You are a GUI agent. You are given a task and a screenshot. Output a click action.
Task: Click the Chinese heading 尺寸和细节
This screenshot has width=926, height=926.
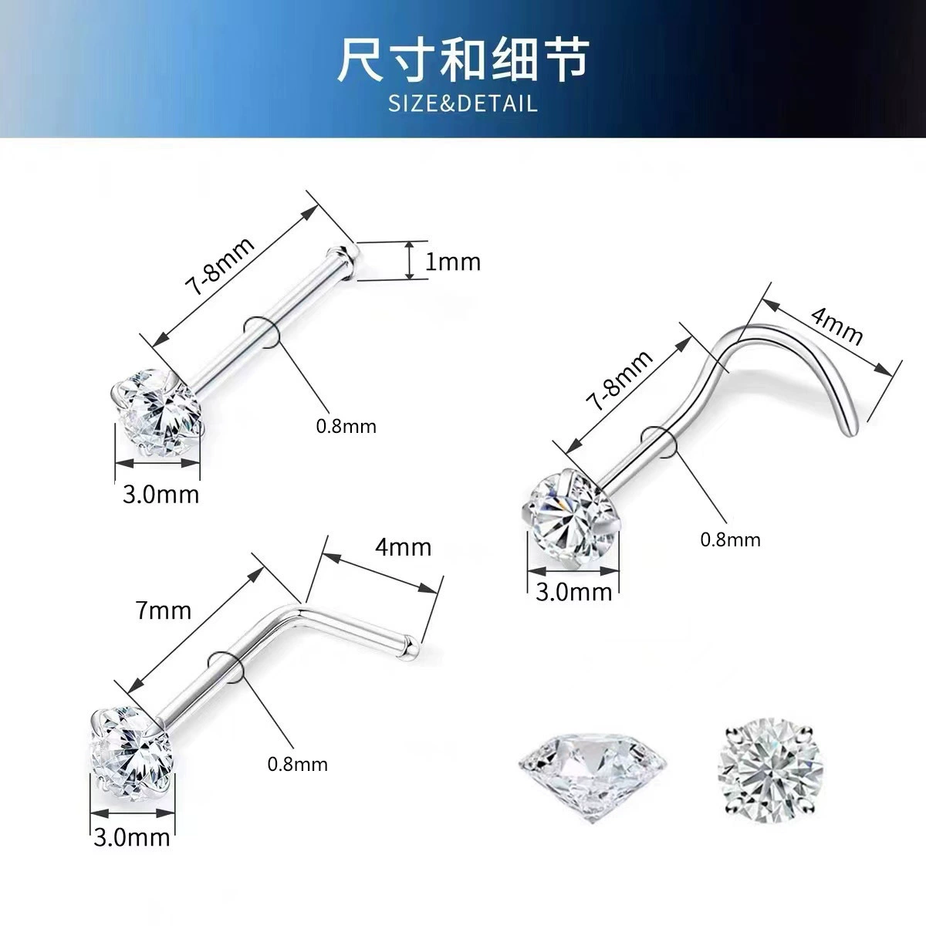tap(463, 59)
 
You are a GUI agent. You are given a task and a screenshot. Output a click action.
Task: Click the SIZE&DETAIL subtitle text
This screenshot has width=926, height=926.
tap(463, 104)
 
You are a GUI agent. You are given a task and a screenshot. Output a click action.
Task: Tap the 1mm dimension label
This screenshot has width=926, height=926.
tap(453, 262)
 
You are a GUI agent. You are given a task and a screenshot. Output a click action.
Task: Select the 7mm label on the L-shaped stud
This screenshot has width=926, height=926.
tap(164, 610)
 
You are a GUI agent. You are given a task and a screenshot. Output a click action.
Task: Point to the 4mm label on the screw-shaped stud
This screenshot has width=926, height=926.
tap(836, 327)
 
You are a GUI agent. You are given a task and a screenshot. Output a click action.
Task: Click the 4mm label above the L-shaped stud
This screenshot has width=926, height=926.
tap(403, 547)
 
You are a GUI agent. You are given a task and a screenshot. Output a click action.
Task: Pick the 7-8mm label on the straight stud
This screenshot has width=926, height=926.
tap(220, 266)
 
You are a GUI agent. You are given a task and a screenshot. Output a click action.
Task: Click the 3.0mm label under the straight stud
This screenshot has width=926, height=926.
tap(161, 495)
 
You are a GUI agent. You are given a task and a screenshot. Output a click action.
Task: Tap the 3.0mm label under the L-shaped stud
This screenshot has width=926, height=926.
tap(132, 837)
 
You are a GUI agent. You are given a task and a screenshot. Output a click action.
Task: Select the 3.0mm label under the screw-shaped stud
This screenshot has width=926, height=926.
tap(574, 593)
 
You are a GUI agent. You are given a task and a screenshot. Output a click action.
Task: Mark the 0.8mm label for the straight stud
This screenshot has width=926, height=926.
tap(346, 426)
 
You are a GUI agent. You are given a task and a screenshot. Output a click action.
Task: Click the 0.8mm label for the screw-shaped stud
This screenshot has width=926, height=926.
tap(731, 539)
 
